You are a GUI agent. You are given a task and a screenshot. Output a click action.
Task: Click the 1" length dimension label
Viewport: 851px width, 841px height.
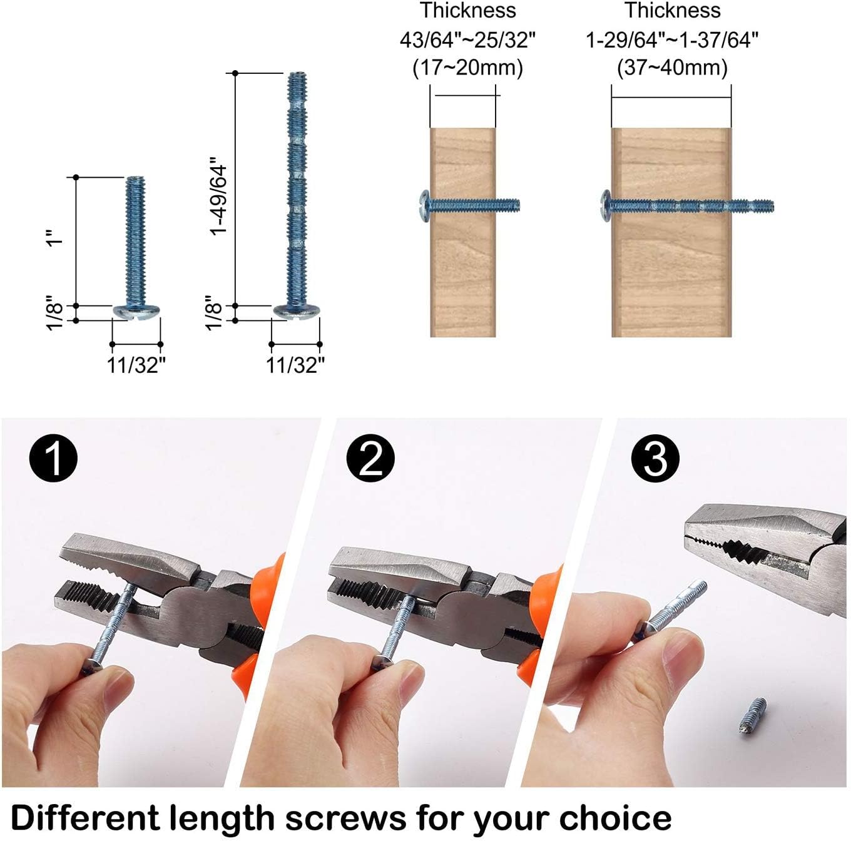click(56, 240)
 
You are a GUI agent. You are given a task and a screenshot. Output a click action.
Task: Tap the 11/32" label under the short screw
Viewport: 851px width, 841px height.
click(136, 365)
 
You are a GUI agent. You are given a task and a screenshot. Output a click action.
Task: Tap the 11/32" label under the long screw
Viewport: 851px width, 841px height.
click(295, 365)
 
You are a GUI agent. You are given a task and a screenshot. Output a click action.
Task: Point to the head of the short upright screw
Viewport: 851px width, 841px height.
click(136, 311)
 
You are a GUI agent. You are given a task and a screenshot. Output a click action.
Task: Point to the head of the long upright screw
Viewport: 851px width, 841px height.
click(296, 311)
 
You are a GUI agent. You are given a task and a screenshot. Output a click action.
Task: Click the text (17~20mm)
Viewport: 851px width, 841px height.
click(467, 68)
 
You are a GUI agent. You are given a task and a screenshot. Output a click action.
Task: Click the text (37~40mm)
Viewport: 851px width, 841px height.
click(672, 68)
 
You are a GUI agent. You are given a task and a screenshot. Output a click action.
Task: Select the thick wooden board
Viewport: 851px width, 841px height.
click(671, 275)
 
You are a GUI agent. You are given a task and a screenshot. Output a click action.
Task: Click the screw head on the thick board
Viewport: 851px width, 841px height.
click(605, 205)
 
